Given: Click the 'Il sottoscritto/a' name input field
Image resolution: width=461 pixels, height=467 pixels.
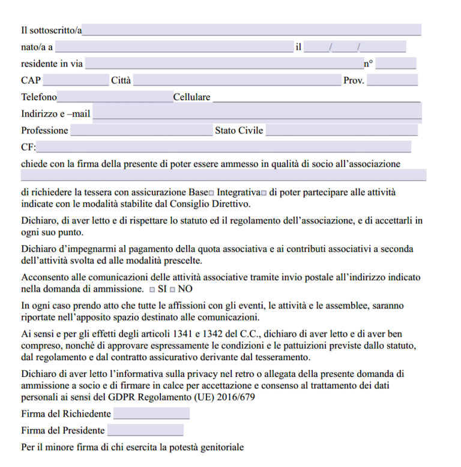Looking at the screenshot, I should pyautogui.click(x=252, y=30).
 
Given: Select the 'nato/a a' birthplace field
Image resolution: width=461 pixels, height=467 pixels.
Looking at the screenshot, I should pyautogui.click(x=173, y=47).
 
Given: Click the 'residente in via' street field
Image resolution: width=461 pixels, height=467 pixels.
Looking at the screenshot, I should pyautogui.click(x=223, y=64).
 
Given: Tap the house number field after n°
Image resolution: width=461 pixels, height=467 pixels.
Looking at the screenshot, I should pyautogui.click(x=396, y=64).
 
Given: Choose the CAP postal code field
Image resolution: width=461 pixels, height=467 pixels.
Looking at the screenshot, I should pyautogui.click(x=76, y=80).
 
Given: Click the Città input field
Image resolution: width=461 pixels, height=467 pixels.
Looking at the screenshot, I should pyautogui.click(x=237, y=80).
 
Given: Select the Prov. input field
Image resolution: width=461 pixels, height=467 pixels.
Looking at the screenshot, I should pyautogui.click(x=392, y=80).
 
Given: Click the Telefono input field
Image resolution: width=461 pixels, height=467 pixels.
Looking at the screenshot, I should pyautogui.click(x=115, y=97).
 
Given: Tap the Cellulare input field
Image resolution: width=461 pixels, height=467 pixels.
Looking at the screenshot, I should pyautogui.click(x=316, y=97).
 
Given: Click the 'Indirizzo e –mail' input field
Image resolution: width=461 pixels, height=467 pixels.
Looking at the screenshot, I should pyautogui.click(x=257, y=113).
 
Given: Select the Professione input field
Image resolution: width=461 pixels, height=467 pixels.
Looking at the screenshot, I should pyautogui.click(x=141, y=130).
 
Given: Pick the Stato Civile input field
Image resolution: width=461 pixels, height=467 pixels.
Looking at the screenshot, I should pyautogui.click(x=342, y=130).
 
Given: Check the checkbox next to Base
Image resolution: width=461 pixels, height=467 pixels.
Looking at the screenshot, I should pyautogui.click(x=211, y=193).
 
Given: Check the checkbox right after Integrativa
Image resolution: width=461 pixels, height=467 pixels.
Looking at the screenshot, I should pyautogui.click(x=264, y=193).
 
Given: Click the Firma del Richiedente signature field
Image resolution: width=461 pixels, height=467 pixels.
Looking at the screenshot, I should pyautogui.click(x=151, y=414).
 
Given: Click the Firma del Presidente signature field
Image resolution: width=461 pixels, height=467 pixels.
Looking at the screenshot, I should pyautogui.click(x=145, y=430).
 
